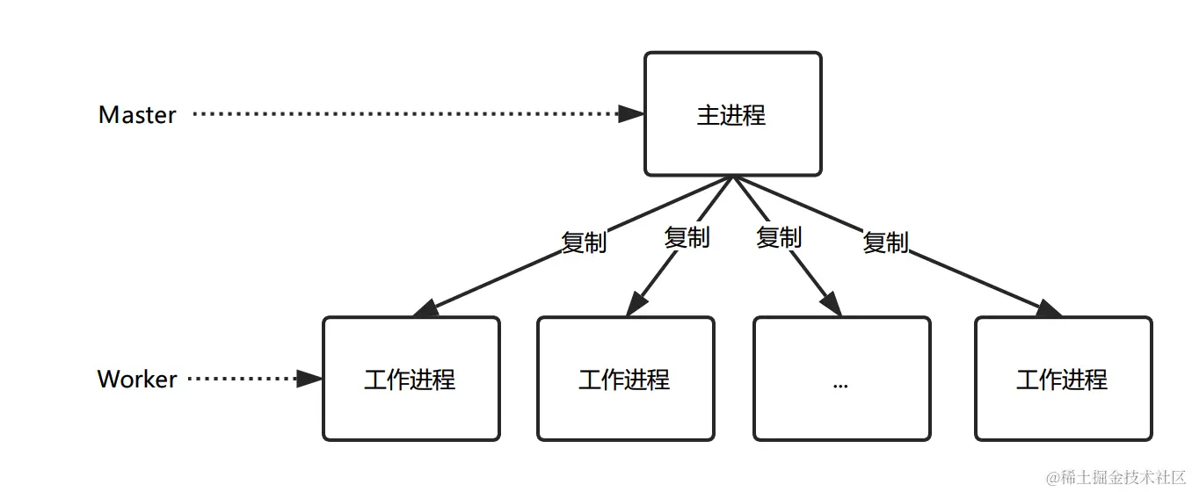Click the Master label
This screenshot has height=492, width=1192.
(137, 114)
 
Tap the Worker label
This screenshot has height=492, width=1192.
(137, 379)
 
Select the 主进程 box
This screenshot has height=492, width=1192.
(732, 114)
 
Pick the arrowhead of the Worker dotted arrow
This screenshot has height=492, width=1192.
(309, 379)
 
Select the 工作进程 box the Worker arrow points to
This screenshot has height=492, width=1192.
(411, 379)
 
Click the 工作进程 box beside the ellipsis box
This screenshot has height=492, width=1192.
(625, 379)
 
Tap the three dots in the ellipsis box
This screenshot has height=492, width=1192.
(839, 384)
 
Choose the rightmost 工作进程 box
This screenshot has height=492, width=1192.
(1063, 379)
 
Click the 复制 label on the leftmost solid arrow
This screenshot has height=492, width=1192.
(585, 242)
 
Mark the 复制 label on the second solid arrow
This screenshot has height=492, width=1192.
(687, 236)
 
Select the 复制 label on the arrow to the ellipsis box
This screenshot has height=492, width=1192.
(779, 236)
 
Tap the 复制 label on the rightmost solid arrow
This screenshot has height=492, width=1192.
(885, 242)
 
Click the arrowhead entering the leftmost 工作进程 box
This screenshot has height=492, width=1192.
(425, 309)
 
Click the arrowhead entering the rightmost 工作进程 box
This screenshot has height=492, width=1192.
(1049, 309)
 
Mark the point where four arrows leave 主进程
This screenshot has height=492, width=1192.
(732, 177)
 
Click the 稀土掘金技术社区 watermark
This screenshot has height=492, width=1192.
(1115, 477)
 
